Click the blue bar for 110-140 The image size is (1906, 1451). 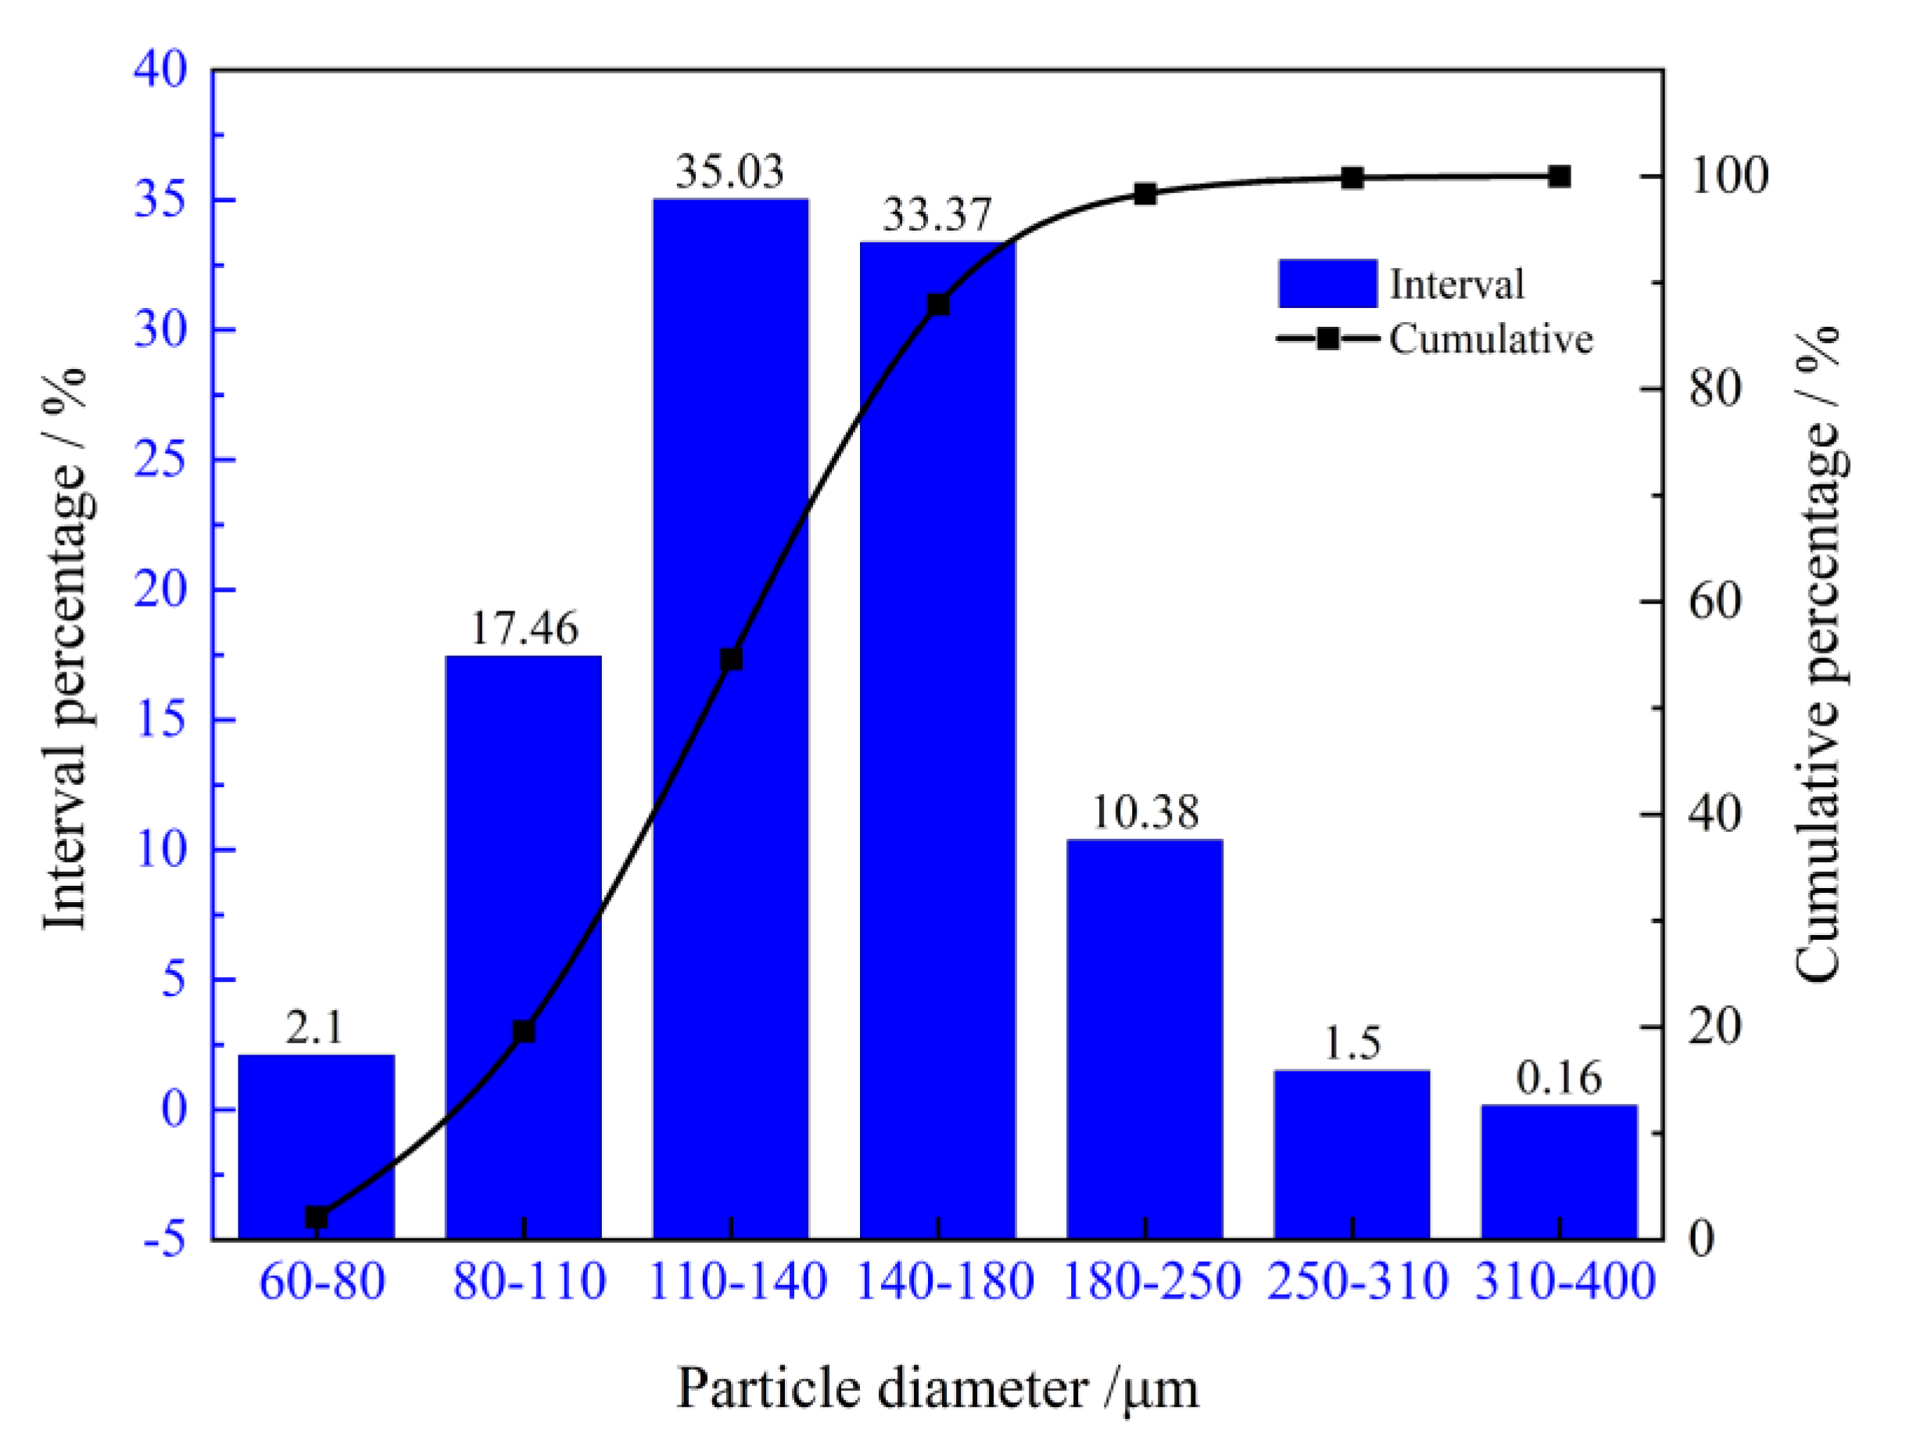[x=731, y=518]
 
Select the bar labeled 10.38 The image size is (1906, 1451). [x=1145, y=1037]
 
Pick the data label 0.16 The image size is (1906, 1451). [x=1559, y=1078]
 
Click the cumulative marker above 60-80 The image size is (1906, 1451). [x=317, y=1218]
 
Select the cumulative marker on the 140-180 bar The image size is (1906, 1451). [x=939, y=305]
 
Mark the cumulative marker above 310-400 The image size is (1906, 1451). [x=1559, y=177]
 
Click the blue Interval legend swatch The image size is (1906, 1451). [x=1327, y=283]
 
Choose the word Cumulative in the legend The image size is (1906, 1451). [x=1491, y=339]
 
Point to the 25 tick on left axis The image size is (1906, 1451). [x=160, y=460]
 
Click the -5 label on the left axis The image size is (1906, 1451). [x=164, y=1240]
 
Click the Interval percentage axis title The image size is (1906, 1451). [x=66, y=648]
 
